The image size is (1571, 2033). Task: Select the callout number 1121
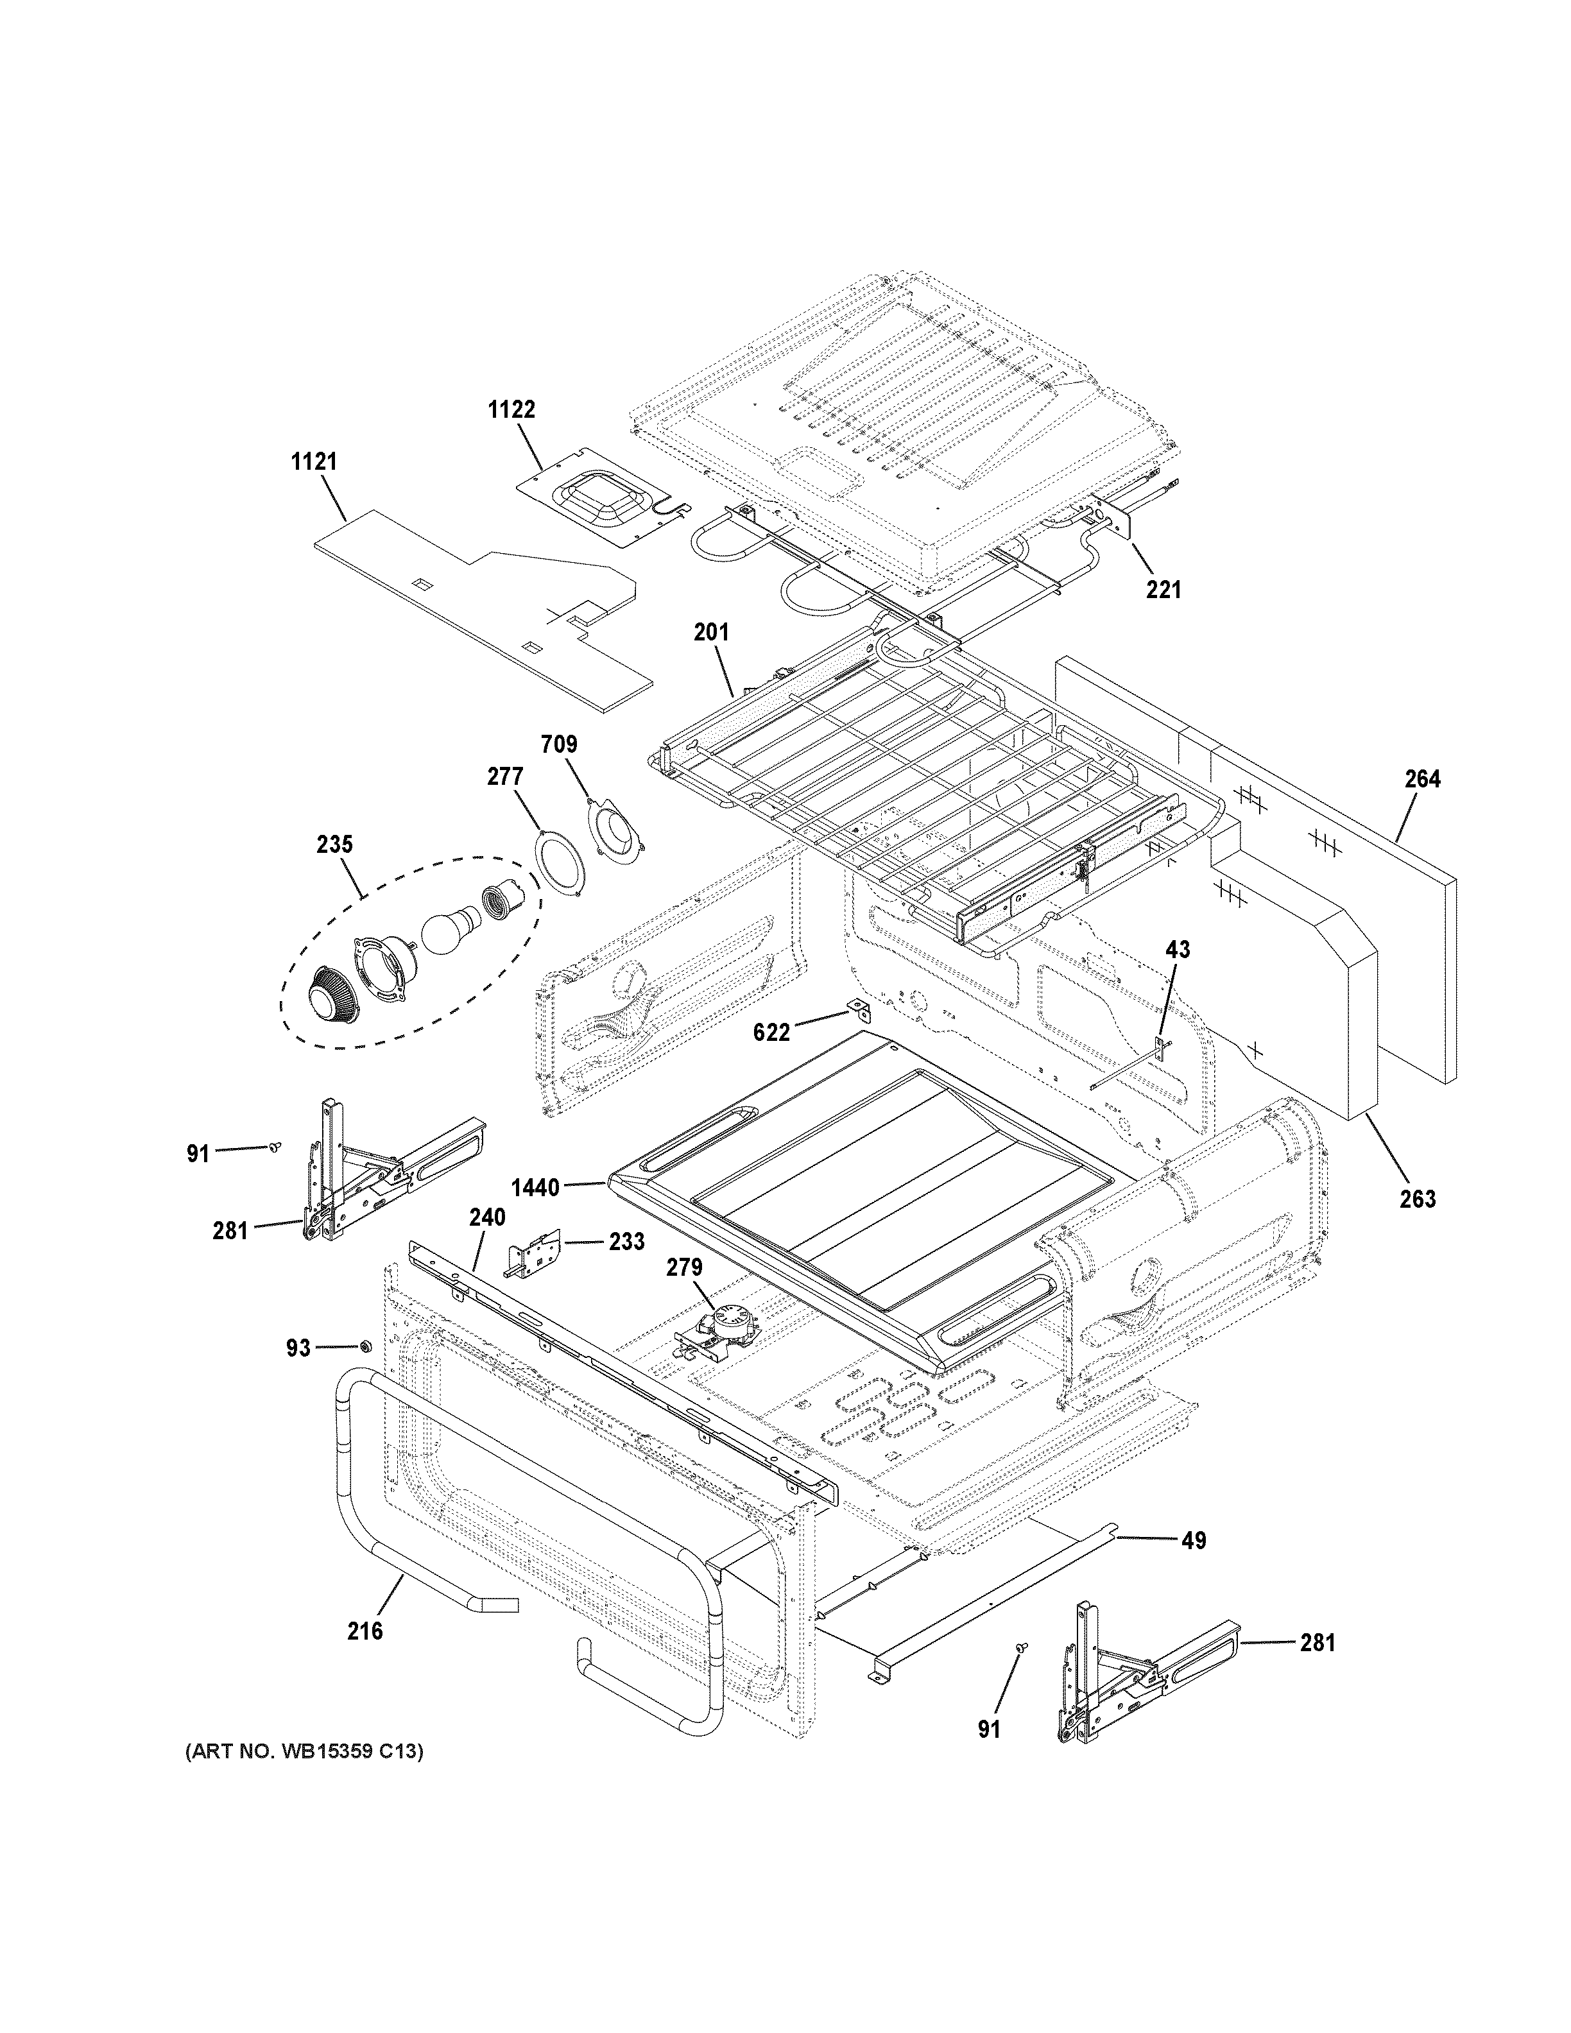pyautogui.click(x=314, y=461)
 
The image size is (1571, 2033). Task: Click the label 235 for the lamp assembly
pyautogui.click(x=334, y=845)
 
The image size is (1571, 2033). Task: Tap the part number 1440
pyautogui.click(x=535, y=1188)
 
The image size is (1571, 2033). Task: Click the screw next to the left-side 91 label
pyautogui.click(x=275, y=1148)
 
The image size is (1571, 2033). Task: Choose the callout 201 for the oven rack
pyautogui.click(x=712, y=632)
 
